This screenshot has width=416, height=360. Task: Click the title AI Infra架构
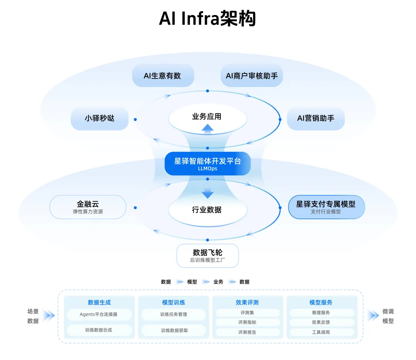tap(208, 18)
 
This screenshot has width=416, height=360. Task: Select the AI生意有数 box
tap(163, 75)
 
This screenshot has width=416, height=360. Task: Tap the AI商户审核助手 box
tap(252, 75)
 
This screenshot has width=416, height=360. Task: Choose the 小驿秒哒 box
tap(99, 119)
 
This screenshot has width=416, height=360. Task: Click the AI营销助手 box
tap(315, 119)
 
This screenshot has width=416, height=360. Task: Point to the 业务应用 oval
tap(207, 116)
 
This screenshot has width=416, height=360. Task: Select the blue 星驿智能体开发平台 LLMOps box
tap(208, 163)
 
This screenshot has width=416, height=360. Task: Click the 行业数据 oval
tap(207, 210)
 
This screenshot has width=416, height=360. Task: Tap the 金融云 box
tap(88, 207)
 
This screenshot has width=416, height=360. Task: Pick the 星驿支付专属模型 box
tap(326, 207)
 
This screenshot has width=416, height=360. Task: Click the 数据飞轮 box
tap(208, 256)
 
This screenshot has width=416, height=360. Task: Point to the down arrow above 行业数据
tap(208, 193)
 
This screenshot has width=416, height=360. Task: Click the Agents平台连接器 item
tap(99, 314)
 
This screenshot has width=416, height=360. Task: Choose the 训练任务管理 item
tap(173, 314)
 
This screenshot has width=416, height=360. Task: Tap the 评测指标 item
tap(247, 322)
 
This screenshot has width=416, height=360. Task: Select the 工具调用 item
tap(321, 332)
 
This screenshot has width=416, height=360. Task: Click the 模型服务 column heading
tap(321, 302)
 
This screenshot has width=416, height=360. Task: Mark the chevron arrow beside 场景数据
tap(49, 316)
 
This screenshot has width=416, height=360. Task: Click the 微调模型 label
tap(388, 316)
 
